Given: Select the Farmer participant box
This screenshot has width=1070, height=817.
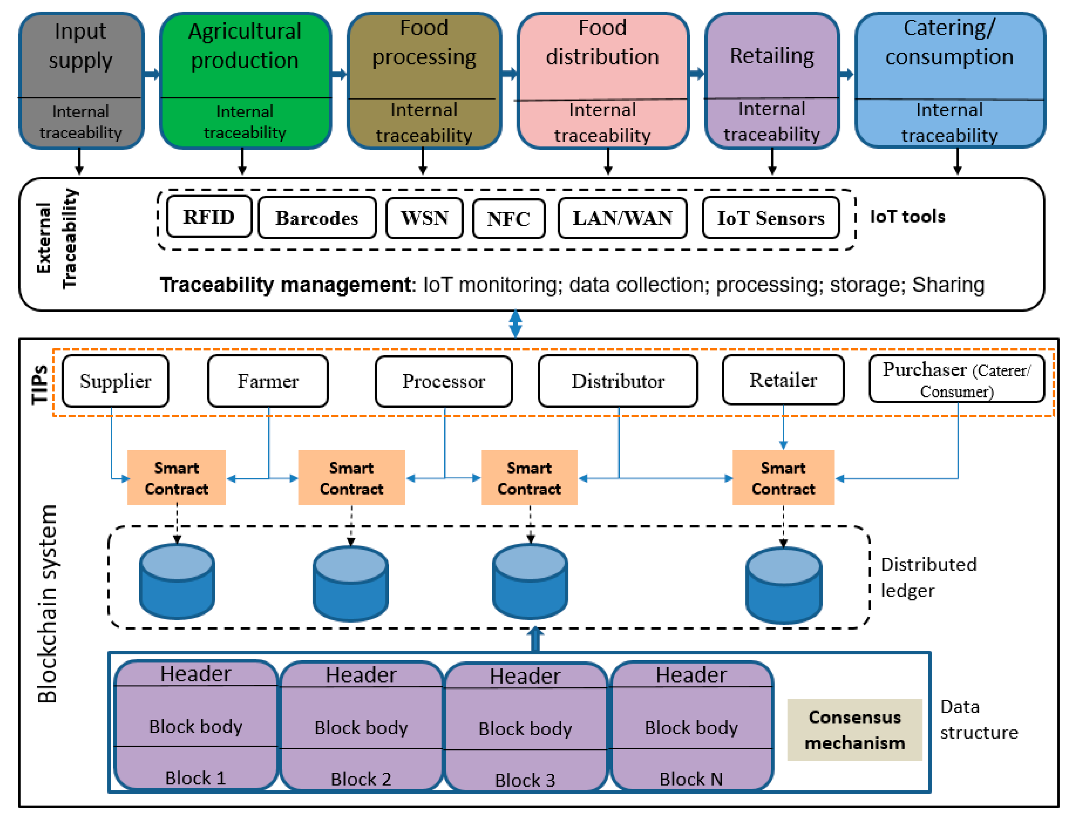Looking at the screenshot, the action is tap(268, 381).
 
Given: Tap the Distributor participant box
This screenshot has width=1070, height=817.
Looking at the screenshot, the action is tap(618, 381).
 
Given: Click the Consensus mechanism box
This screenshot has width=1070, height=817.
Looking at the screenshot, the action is tap(855, 730).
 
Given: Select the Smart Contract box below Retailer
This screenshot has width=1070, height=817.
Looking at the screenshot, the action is tap(783, 478).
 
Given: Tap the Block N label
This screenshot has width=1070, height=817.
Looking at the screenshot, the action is tap(691, 779).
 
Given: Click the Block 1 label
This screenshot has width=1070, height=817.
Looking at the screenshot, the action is tap(196, 778).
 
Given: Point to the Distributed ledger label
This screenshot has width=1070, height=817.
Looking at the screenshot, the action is tap(928, 577).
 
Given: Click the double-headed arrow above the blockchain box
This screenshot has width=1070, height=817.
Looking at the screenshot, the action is tap(516, 324).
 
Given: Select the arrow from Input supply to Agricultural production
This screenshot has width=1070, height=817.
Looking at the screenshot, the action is tap(152, 74).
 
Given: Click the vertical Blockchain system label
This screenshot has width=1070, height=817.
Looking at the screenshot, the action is tap(48, 604).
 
